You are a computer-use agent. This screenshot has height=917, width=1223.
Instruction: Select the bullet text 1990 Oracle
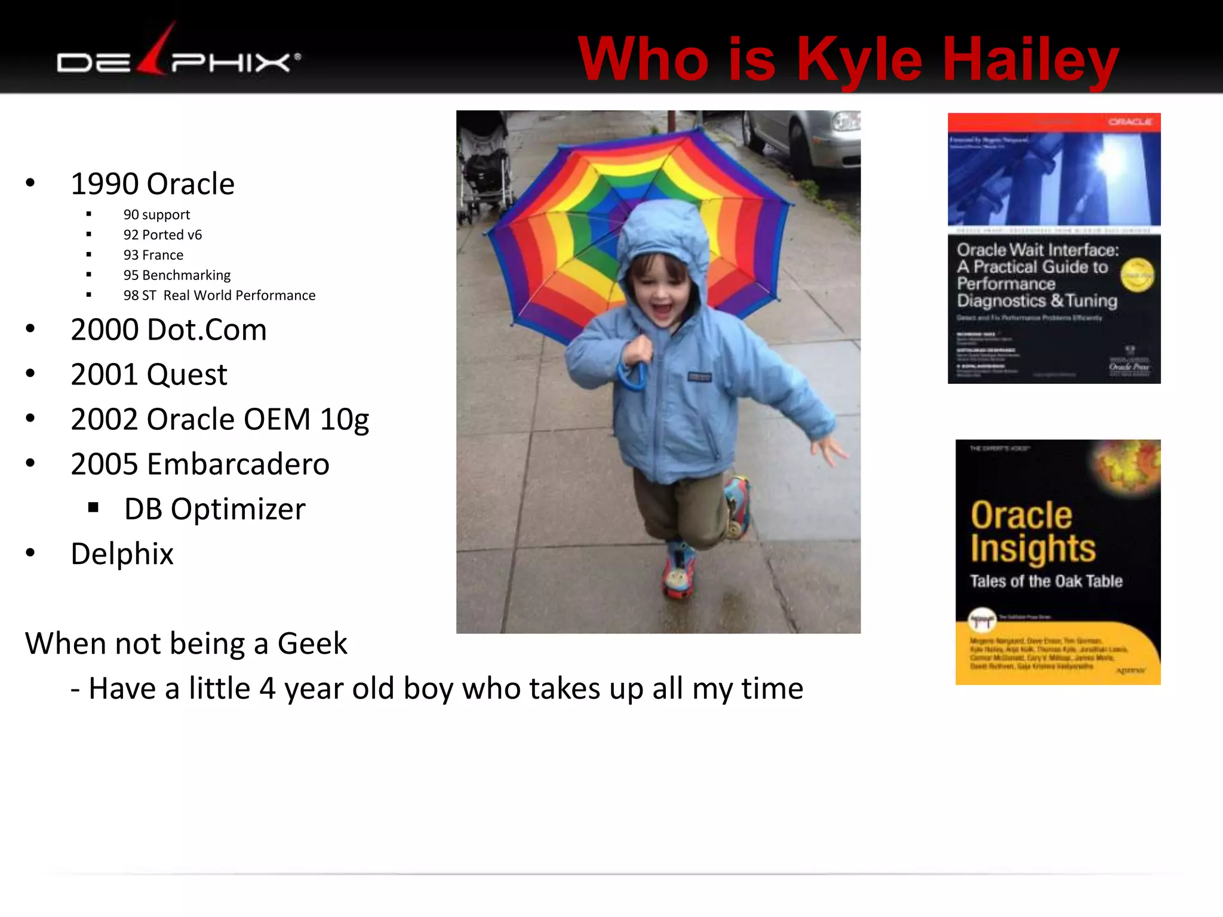[152, 184]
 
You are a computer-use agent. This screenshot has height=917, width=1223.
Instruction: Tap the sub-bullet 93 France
[153, 255]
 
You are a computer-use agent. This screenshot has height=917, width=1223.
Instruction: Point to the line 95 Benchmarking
[177, 275]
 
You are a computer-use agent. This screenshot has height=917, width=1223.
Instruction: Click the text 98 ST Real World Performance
[219, 296]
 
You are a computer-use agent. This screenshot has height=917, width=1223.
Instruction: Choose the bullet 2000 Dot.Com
[168, 330]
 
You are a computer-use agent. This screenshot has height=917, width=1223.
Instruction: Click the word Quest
[187, 375]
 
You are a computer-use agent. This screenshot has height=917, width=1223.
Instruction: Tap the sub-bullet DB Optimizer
[214, 509]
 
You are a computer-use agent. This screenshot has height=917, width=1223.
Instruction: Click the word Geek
[312, 644]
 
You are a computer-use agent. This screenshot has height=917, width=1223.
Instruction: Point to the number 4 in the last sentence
[267, 689]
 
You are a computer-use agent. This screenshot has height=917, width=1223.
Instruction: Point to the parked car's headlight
[846, 121]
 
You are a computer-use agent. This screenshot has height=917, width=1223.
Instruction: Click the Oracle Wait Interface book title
[1037, 275]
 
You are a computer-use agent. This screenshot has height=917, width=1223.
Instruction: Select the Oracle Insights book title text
[1033, 531]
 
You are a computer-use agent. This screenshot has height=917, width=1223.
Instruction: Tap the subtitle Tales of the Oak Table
[1046, 581]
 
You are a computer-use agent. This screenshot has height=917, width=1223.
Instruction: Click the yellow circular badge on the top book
[1137, 275]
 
